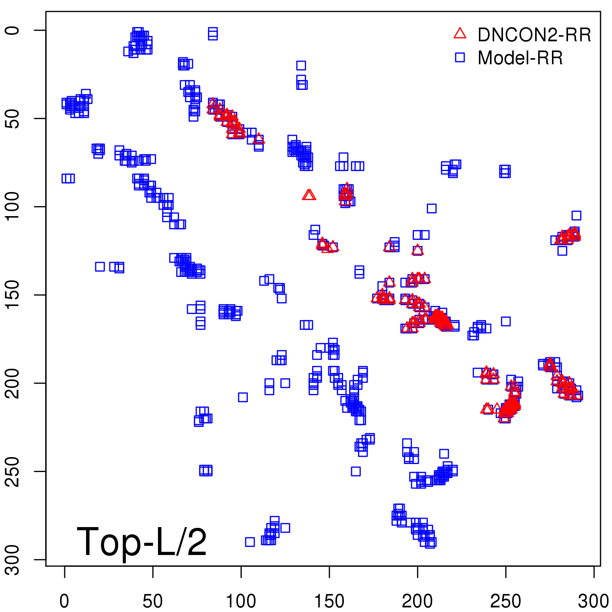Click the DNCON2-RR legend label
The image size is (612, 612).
[534, 35]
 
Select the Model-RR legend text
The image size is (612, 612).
[520, 58]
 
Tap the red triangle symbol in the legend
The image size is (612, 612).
[460, 34]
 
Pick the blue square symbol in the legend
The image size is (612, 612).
[460, 57]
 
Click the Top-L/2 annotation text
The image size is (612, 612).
[142, 542]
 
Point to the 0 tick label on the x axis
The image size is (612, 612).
[64, 601]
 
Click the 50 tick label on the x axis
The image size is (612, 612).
[153, 601]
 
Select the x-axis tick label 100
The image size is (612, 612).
[241, 601]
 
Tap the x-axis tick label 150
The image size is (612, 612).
[329, 601]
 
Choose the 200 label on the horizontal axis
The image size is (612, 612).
[417, 601]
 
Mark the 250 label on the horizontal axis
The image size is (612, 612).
[506, 601]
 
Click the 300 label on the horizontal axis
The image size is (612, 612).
[594, 601]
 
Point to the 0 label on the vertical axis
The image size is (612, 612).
[13, 30]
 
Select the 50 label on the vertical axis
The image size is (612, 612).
[13, 119]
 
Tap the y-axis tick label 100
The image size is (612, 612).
[13, 207]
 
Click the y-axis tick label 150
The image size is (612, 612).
[13, 295]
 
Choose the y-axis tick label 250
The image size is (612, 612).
[13, 471]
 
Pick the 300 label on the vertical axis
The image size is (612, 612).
[13, 559]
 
